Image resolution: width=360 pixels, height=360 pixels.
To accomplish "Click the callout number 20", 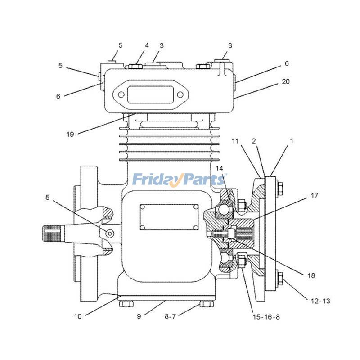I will (x=286, y=82).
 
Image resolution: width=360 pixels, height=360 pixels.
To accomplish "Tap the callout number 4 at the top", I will (x=147, y=45).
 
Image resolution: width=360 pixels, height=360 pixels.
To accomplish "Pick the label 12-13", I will (x=321, y=301).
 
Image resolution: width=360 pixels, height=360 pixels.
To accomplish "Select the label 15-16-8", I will (x=266, y=317).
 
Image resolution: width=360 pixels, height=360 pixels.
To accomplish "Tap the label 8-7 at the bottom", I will (x=170, y=316).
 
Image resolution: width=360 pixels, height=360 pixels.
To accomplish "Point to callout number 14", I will (x=219, y=168).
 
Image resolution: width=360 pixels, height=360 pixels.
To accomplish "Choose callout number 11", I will (x=235, y=141).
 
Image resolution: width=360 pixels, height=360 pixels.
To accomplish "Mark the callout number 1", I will (x=292, y=141).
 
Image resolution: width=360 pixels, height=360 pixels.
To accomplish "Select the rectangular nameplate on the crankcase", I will (x=169, y=217).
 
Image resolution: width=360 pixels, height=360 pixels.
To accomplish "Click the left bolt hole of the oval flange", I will (x=121, y=95).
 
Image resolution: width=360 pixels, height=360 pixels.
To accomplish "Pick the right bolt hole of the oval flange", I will (x=180, y=95).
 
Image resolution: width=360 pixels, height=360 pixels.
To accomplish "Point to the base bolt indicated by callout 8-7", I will (x=207, y=304).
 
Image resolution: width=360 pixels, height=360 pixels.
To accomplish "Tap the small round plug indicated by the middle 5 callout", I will (x=110, y=232).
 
